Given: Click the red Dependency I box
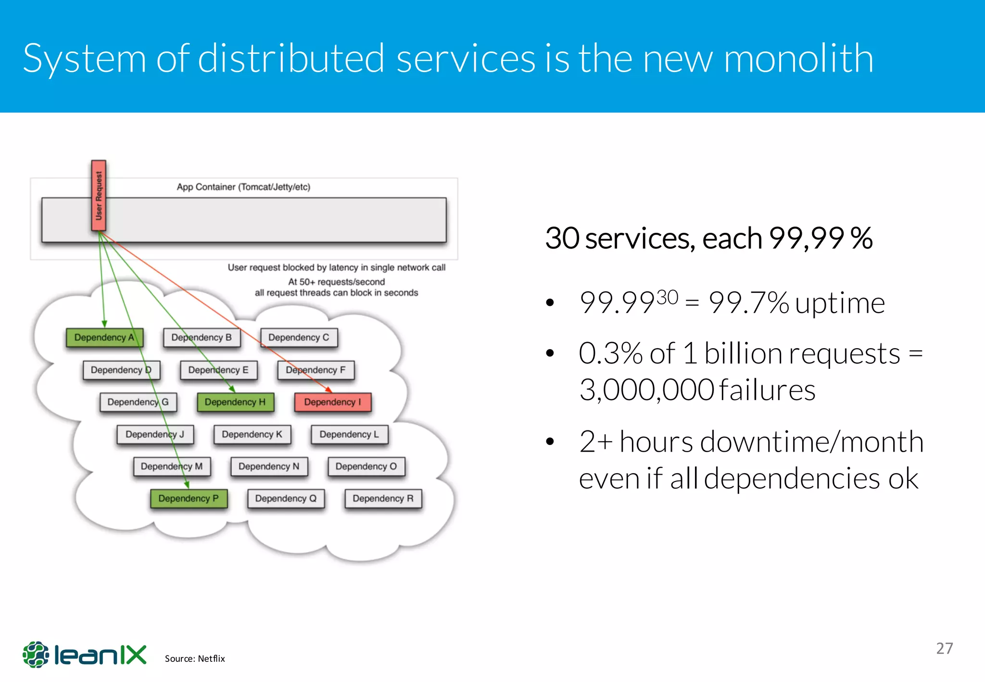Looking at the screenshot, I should tap(332, 402).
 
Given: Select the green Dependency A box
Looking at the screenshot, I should tap(104, 338).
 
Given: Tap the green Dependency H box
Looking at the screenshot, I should tap(235, 402).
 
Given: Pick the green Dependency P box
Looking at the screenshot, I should tap(189, 499).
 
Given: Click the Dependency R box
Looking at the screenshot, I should tap(383, 499).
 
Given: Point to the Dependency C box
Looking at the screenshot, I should tap(299, 338).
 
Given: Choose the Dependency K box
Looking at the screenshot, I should tap(252, 434).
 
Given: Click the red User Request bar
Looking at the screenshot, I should tap(99, 196).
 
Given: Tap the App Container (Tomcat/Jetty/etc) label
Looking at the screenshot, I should tap(243, 187).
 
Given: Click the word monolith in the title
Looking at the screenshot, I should tap(798, 59).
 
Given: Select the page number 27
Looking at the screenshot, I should tap(944, 648).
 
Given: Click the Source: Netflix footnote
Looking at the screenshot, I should tap(195, 658).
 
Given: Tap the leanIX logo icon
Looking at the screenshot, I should tap(36, 654).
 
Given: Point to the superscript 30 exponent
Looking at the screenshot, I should tap(667, 297).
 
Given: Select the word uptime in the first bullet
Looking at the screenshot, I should tap(840, 303).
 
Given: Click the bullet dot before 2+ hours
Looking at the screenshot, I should tap(550, 442).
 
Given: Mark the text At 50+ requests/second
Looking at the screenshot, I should tap(336, 282).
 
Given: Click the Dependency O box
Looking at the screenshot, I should tap(366, 467).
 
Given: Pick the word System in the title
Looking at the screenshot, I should tap(84, 59).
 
